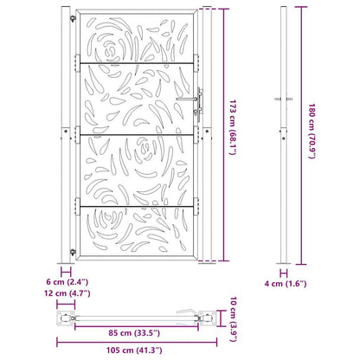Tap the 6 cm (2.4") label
tap(66, 281)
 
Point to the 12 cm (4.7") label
tap(67, 293)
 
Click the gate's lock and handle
tap(200, 101)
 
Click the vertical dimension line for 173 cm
tap(215, 134)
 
